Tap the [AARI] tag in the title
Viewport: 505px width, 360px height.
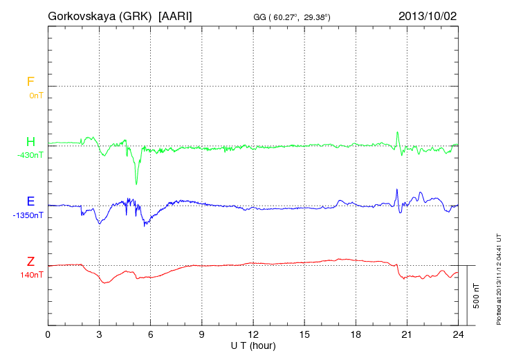tap(176, 15)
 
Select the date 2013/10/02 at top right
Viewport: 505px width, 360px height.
tap(427, 15)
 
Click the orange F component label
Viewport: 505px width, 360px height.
tap(30, 82)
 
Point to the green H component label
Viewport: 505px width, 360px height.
tap(30, 142)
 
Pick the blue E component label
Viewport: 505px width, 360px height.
tap(30, 202)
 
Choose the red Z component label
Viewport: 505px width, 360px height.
tap(30, 262)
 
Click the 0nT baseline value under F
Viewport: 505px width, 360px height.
tap(35, 96)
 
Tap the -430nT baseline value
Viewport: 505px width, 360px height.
tap(30, 155)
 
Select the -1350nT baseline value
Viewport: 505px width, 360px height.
tap(28, 215)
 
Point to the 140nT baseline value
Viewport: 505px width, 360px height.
tap(33, 275)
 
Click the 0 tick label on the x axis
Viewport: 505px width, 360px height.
tap(48, 335)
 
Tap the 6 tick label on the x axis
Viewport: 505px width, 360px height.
tap(151, 335)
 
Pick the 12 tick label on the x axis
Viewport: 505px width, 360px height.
tap(253, 335)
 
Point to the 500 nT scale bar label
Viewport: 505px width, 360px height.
tap(477, 296)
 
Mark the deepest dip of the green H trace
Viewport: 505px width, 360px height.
tap(136, 183)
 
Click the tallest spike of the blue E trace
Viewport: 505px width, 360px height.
tap(396, 189)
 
